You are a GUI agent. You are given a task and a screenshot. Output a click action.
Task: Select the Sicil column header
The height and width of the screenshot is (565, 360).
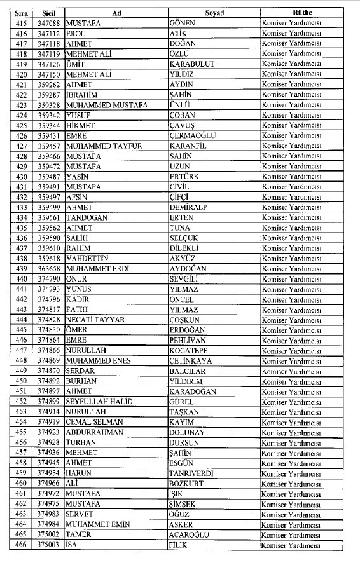(x=48, y=13)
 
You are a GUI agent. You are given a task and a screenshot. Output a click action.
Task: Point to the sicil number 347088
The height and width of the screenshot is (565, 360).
(x=48, y=23)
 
